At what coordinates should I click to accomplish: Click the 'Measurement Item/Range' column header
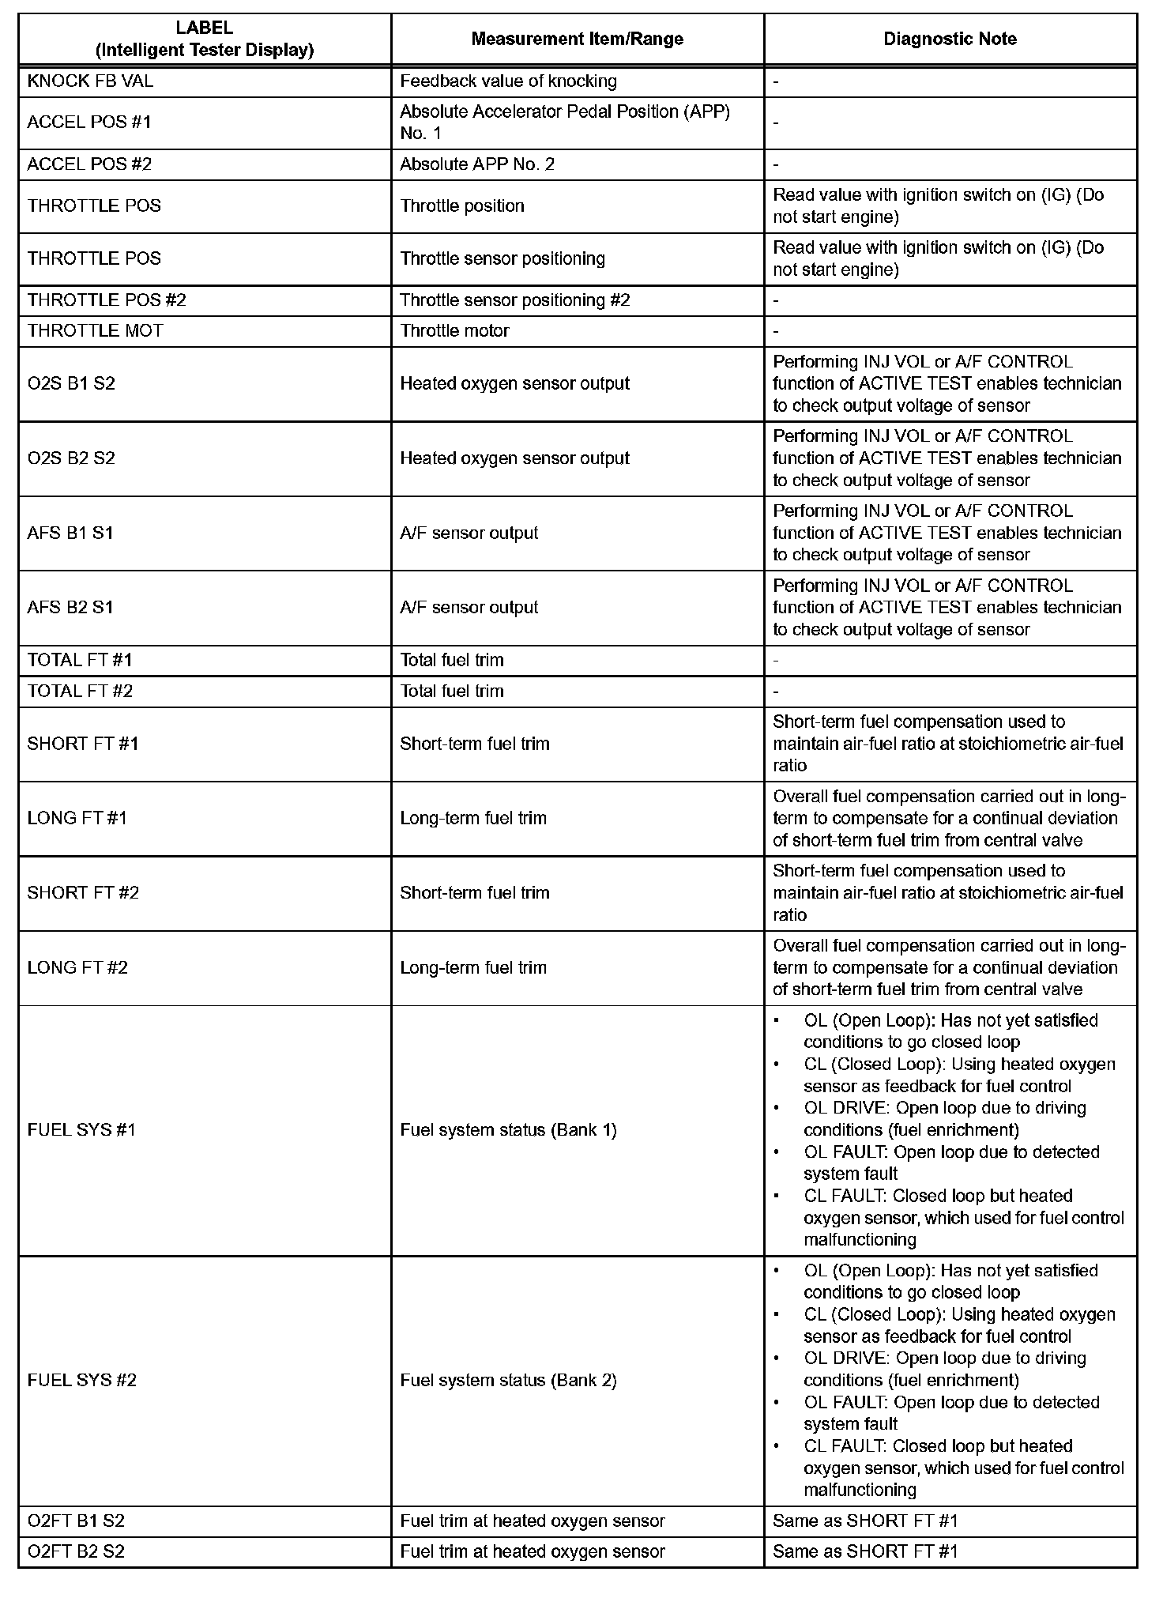point(577,39)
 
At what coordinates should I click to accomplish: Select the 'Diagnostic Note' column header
point(950,39)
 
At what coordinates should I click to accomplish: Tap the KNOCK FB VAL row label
point(90,81)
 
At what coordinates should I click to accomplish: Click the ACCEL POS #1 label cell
point(88,122)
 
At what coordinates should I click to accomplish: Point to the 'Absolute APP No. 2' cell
point(477,164)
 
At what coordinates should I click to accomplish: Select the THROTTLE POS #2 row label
point(107,300)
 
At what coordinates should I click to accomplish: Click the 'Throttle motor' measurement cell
point(454,331)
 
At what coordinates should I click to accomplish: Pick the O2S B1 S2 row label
point(71,384)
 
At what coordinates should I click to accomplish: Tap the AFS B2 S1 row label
point(70,608)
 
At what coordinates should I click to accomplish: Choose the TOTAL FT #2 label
point(80,692)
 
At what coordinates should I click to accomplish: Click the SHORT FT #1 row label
point(83,744)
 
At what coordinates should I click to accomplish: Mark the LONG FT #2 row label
point(77,968)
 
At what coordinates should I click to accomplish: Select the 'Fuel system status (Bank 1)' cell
point(508,1130)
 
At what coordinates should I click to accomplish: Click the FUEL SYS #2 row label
point(82,1381)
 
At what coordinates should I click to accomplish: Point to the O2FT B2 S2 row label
point(76,1552)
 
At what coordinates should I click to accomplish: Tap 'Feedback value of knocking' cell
point(508,81)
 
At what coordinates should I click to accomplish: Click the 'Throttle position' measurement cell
point(462,206)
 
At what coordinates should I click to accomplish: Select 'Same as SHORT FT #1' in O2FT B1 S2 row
point(865,1521)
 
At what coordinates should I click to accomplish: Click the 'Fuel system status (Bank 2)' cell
point(508,1381)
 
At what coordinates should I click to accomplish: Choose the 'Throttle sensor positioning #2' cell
point(515,300)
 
